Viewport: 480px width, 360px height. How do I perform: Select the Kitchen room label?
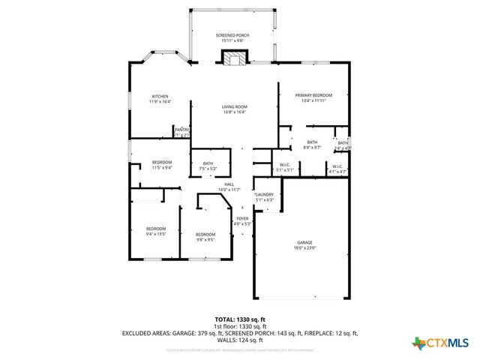pyautogui.click(x=160, y=97)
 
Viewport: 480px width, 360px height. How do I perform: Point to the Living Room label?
pyautogui.click(x=234, y=107)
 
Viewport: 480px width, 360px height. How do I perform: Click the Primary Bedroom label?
pyautogui.click(x=313, y=95)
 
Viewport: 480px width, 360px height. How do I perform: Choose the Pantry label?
pyautogui.click(x=181, y=130)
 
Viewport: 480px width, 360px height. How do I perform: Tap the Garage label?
pyautogui.click(x=304, y=242)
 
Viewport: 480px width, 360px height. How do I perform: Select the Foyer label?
pyautogui.click(x=242, y=218)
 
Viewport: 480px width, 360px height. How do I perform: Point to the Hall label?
pyautogui.click(x=229, y=184)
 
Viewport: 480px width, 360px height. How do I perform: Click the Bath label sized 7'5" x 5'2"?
pyautogui.click(x=208, y=163)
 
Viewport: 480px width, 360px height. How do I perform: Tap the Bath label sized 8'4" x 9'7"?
pyautogui.click(x=312, y=142)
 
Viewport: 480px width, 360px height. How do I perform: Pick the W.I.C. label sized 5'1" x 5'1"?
pyautogui.click(x=285, y=165)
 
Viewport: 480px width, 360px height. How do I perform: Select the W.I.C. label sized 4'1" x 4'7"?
pyautogui.click(x=337, y=166)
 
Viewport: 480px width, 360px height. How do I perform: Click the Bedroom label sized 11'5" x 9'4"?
pyautogui.click(x=163, y=163)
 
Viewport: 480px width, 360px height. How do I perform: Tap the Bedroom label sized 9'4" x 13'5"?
pyautogui.click(x=156, y=229)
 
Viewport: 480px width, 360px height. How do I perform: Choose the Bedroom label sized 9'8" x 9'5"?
pyautogui.click(x=205, y=235)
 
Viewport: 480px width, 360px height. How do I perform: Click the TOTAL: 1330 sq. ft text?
pyautogui.click(x=240, y=319)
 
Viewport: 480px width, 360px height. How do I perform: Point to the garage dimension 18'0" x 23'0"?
pyautogui.click(x=304, y=248)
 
